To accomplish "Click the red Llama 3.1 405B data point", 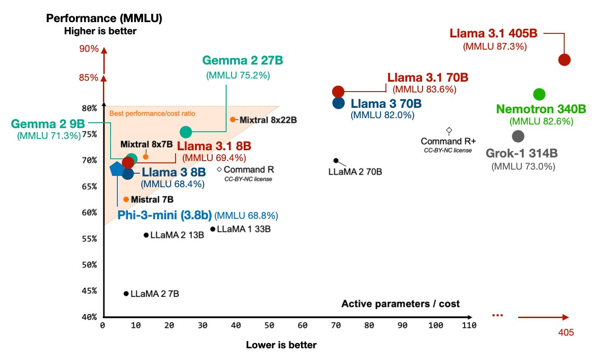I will (564, 60).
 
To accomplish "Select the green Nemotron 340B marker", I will (539, 94).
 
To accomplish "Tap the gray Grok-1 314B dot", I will (518, 136).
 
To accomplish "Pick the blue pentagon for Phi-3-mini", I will (117, 169).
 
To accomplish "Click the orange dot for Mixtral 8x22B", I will (233, 120).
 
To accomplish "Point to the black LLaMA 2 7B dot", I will (126, 294).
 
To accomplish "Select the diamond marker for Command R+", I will (449, 130).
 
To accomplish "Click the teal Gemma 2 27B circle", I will (186, 132).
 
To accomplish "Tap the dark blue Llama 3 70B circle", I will (338, 103).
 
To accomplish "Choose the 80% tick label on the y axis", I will (89, 108).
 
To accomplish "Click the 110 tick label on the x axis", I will (469, 326).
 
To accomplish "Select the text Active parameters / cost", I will (400, 304).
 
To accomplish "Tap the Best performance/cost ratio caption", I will (152, 113).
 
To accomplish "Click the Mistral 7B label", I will (152, 199).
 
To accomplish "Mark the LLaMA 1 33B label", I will (244, 229).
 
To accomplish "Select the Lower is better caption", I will (281, 345).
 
